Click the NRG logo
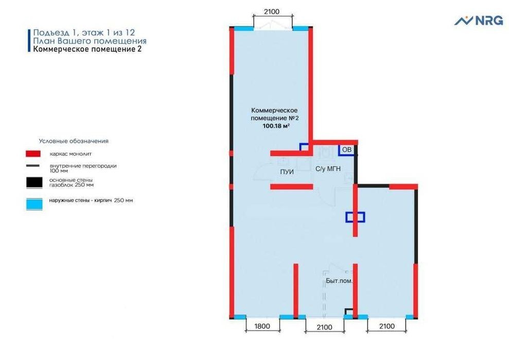479,21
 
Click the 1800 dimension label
262,326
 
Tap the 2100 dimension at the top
272,12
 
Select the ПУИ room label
287,172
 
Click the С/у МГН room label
328,169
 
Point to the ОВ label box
347,150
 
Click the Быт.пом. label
339,281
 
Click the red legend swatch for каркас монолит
33,154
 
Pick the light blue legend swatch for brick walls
34,204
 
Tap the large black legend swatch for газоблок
34,183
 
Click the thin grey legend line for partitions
33,166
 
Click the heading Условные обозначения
74,141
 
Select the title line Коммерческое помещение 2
87,49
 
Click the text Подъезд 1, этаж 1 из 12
84,32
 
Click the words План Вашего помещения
90,41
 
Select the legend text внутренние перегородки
83,166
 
